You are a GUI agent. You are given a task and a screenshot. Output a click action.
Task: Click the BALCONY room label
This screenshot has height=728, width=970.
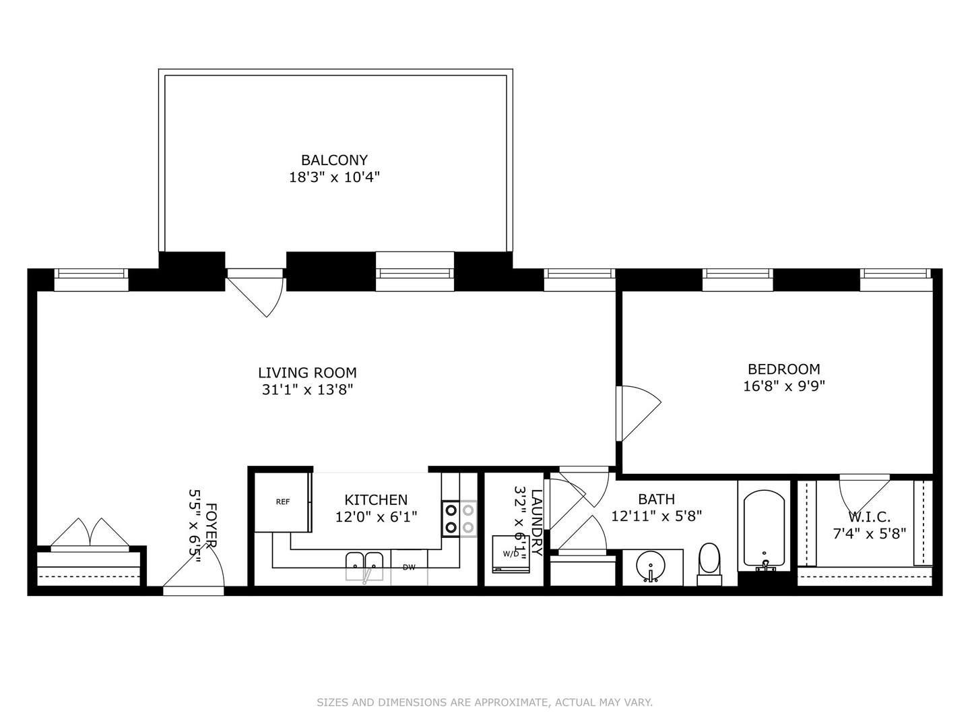(334, 160)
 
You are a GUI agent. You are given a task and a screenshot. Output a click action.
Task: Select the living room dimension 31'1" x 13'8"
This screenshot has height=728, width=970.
(307, 390)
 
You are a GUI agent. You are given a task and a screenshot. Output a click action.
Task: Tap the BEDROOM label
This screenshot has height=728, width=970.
(783, 369)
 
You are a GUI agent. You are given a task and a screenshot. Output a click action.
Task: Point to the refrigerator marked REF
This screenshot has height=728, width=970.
(283, 502)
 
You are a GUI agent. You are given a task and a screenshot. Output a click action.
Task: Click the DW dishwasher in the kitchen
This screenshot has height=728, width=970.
(409, 567)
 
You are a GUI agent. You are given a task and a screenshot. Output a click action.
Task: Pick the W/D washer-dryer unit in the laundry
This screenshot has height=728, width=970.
(511, 554)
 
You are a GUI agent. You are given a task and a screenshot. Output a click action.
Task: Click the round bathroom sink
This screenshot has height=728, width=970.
(651, 565)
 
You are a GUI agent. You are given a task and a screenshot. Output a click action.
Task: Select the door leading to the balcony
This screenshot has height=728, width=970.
(256, 293)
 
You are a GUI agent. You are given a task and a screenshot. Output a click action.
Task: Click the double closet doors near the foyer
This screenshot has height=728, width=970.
(90, 534)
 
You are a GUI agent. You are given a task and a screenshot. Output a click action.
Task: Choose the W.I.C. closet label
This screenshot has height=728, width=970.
(869, 517)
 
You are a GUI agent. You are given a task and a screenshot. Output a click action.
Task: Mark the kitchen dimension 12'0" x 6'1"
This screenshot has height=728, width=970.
(376, 517)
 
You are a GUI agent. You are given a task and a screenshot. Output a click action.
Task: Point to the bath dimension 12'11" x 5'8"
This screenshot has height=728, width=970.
(656, 516)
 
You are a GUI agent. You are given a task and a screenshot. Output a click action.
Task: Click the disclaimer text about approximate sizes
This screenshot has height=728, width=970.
(484, 702)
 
